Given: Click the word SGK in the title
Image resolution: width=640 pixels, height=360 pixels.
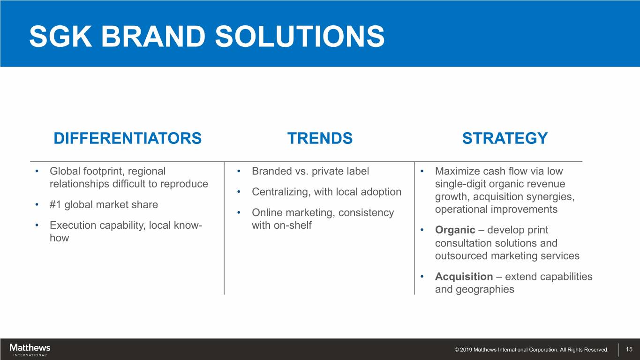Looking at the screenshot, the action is [60, 36].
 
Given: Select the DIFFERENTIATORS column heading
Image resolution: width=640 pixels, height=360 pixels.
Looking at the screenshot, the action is [128, 138].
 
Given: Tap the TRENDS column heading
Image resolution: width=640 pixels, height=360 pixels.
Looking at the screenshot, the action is [320, 138].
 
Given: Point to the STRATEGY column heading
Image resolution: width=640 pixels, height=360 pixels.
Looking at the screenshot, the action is [505, 138].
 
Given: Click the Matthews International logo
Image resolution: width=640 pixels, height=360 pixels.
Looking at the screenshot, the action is [30, 350].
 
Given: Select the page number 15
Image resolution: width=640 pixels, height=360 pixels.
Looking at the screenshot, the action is [629, 349].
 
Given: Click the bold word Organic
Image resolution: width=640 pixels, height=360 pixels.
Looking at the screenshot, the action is [455, 230].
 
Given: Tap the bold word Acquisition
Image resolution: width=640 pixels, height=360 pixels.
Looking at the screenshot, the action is [464, 277].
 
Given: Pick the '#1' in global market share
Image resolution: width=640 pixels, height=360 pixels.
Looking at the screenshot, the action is [55, 204].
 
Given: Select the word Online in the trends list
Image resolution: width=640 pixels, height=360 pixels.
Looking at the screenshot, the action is [267, 212].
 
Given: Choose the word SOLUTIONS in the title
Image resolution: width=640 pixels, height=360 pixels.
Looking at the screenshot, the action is [300, 36].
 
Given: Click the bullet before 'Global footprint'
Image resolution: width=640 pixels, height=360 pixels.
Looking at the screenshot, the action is [37, 171].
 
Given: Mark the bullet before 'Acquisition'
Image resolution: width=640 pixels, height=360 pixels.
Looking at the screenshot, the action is [422, 277].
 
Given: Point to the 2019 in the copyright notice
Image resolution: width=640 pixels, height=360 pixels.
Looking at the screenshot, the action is [466, 350].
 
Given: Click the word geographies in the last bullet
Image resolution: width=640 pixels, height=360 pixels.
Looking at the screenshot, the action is [485, 289].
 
